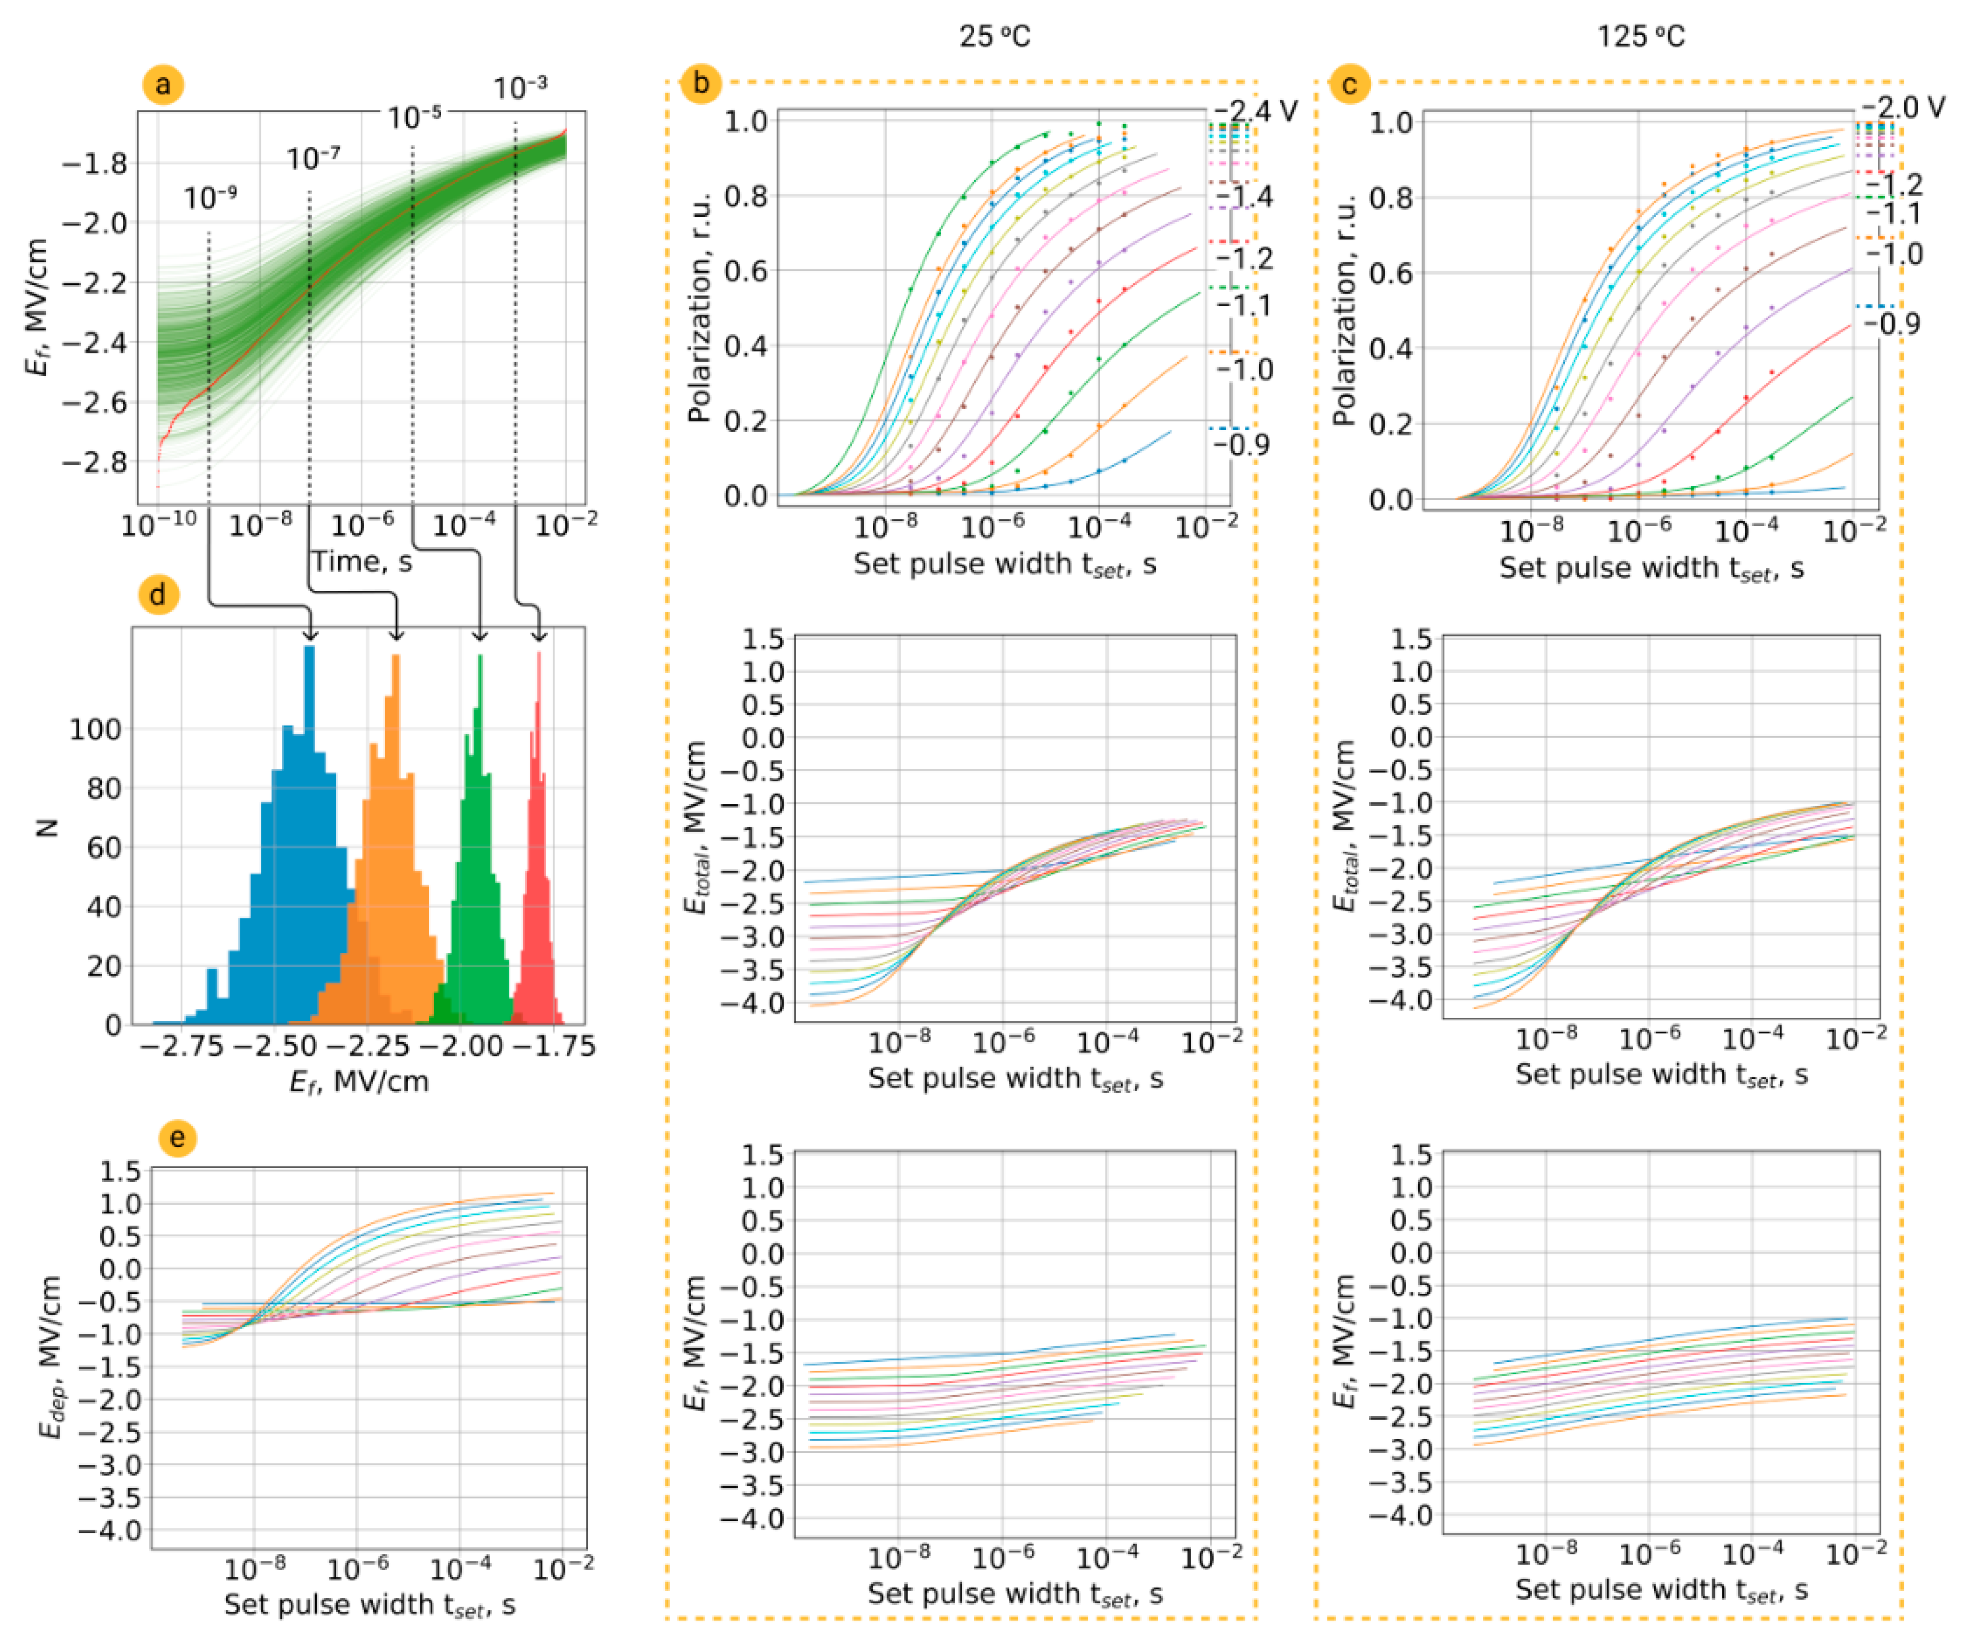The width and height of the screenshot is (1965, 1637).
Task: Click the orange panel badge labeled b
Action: tap(700, 83)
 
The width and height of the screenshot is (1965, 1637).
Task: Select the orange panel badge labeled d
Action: tap(158, 595)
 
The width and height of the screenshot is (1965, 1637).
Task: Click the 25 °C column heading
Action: tap(995, 37)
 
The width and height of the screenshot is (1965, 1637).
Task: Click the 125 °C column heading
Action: tap(1640, 37)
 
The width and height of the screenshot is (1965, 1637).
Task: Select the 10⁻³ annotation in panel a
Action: tap(520, 88)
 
